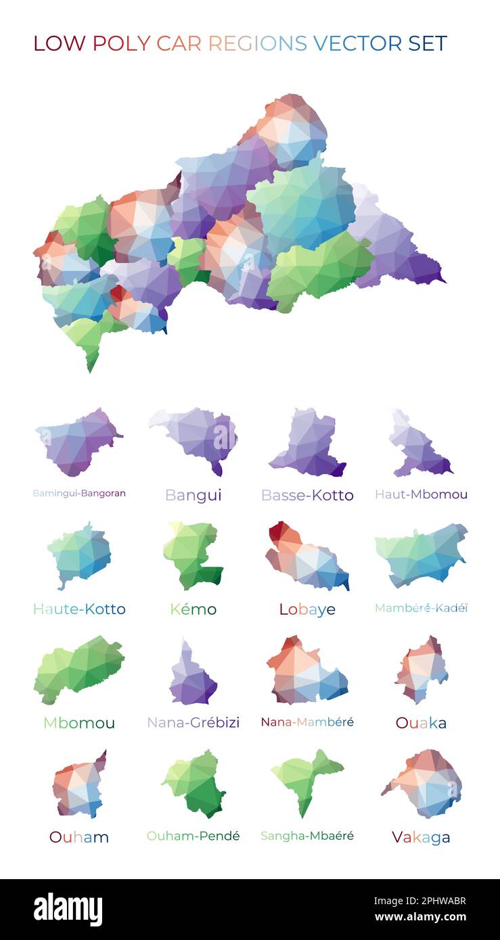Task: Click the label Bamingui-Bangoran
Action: click(x=79, y=493)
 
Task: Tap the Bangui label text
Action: click(x=193, y=495)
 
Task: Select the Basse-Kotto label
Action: click(x=307, y=495)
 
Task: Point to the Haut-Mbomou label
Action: click(x=421, y=494)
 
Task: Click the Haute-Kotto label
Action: click(x=79, y=609)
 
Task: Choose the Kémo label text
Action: click(x=193, y=609)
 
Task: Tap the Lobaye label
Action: click(x=307, y=609)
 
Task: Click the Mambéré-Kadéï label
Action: click(x=421, y=608)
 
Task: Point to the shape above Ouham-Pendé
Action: click(x=196, y=783)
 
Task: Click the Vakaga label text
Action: click(x=421, y=837)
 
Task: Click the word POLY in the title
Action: click(x=121, y=43)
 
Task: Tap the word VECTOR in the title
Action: click(x=357, y=43)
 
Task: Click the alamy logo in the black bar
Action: click(x=68, y=910)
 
